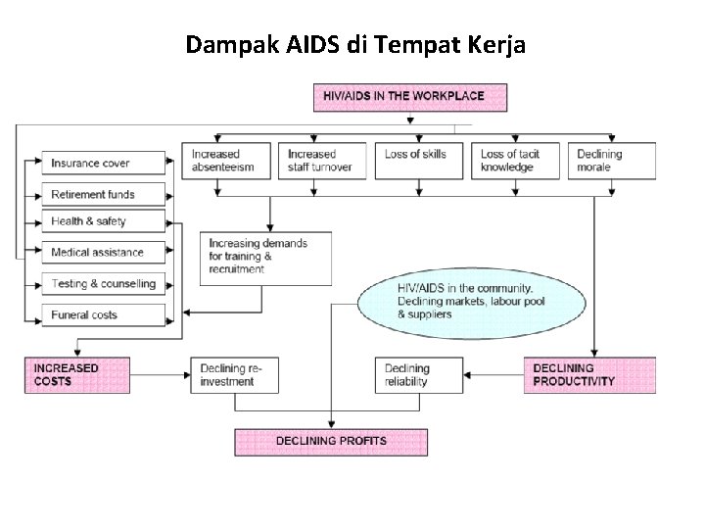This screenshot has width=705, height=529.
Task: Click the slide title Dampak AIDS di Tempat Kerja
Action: pyautogui.click(x=355, y=44)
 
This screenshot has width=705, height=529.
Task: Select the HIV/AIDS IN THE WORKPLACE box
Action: pyautogui.click(x=411, y=97)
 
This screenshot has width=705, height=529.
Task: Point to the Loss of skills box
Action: pyautogui.click(x=418, y=161)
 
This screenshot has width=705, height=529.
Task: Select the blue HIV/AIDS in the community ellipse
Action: pyautogui.click(x=465, y=301)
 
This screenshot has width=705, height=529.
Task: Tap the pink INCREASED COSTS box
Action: pyautogui.click(x=76, y=374)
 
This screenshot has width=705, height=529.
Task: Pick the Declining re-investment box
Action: pyautogui.click(x=235, y=374)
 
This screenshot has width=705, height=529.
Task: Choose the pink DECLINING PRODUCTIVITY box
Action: pyautogui.click(x=589, y=374)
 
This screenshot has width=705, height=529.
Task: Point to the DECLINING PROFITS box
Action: pyautogui.click(x=331, y=441)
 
